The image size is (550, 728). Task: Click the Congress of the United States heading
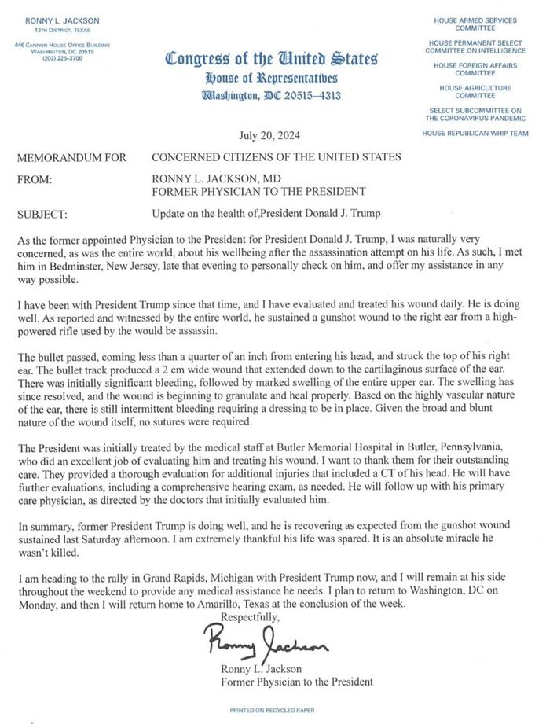pyautogui.click(x=271, y=59)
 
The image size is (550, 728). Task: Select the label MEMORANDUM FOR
pyautogui.click(x=71, y=157)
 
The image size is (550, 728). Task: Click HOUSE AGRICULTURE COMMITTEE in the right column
pyautogui.click(x=475, y=91)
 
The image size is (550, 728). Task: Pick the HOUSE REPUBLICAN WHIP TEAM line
pyautogui.click(x=475, y=134)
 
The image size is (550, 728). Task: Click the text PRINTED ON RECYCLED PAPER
pyautogui.click(x=272, y=709)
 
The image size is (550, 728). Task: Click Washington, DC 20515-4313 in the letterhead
pyautogui.click(x=272, y=95)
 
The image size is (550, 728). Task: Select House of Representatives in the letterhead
pyautogui.click(x=271, y=78)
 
